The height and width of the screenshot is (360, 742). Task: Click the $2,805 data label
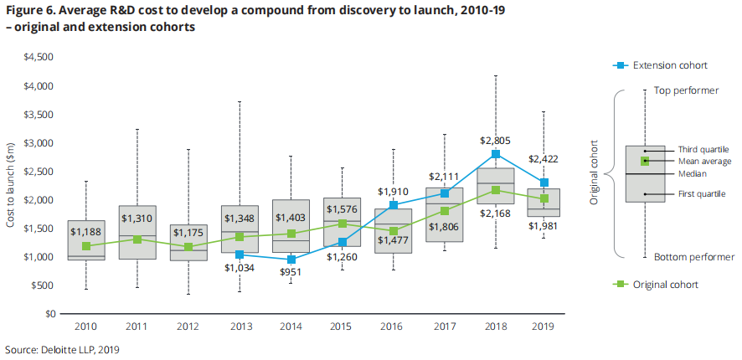[x=495, y=141]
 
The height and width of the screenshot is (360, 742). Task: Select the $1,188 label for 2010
[x=85, y=232]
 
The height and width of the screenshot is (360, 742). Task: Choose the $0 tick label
[x=49, y=314]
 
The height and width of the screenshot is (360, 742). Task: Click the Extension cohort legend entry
[x=670, y=64]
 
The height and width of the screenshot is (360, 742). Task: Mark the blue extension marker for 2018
[x=495, y=154]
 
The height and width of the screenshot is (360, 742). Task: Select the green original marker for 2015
[x=342, y=224]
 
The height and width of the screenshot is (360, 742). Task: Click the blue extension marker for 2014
[x=291, y=260]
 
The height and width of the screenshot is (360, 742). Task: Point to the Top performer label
[x=685, y=90]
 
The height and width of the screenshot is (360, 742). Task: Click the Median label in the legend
[x=692, y=173]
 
